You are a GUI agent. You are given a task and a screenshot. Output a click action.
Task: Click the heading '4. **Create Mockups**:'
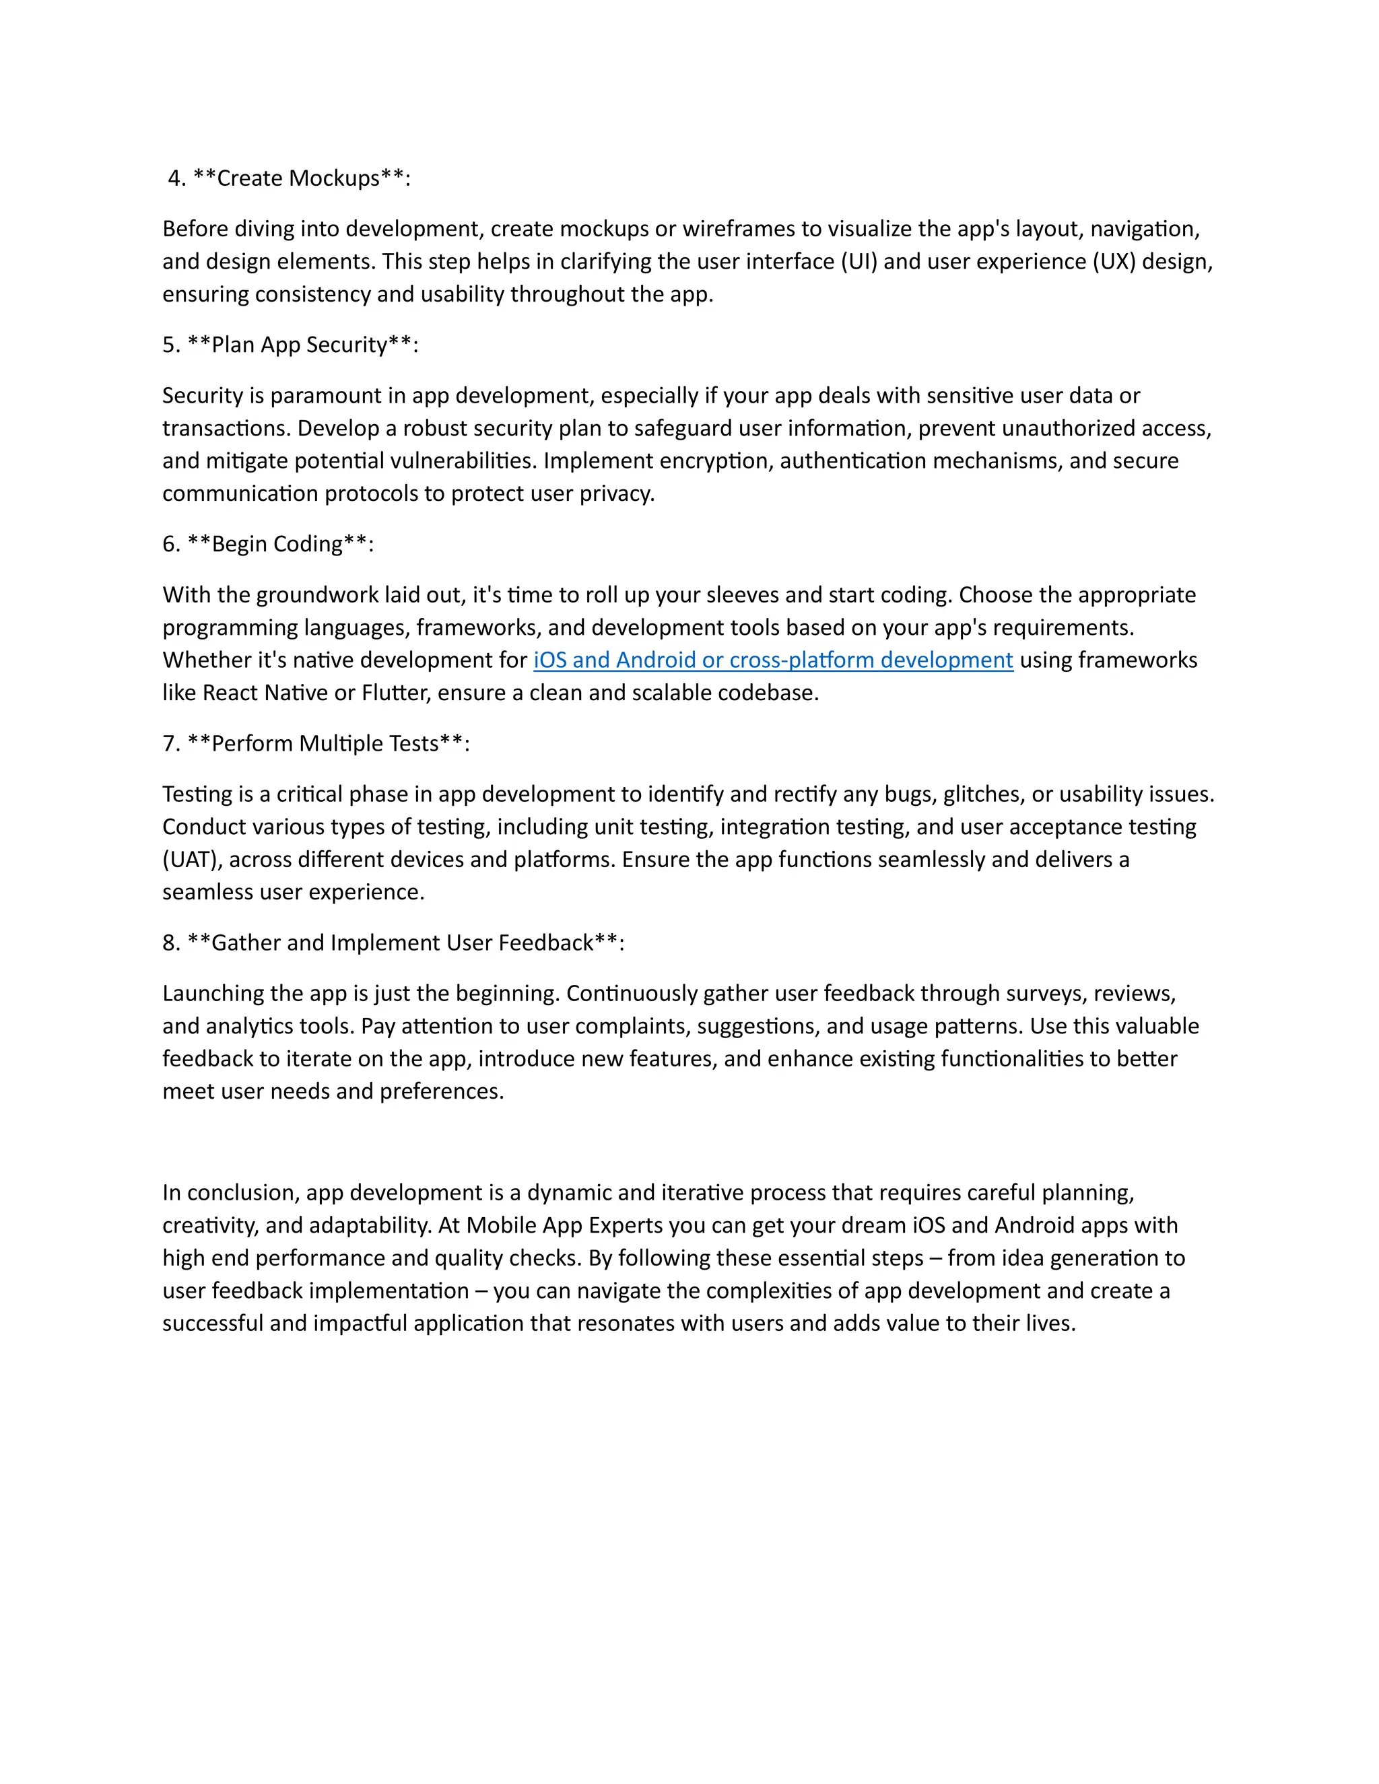coord(289,178)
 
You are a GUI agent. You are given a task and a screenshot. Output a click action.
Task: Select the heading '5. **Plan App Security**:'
coord(290,345)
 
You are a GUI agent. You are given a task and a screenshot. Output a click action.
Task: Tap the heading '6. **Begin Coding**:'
coord(268,544)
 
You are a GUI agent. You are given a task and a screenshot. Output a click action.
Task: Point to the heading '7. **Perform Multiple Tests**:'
coord(316,743)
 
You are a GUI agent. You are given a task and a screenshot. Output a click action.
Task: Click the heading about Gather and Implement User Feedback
coord(393,942)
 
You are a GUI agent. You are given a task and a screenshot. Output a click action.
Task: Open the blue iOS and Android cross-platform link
coord(773,660)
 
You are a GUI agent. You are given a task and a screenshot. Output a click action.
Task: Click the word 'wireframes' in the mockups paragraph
coord(737,229)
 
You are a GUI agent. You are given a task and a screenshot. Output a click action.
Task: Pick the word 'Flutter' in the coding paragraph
coord(395,693)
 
